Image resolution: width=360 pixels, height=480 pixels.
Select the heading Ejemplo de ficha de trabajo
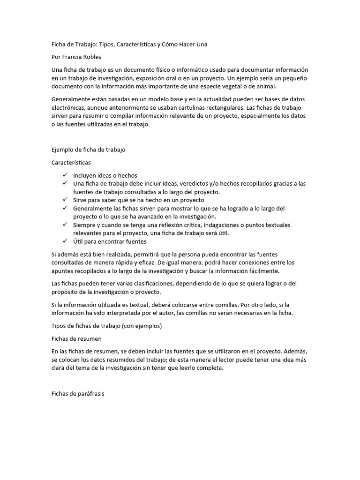pos(88,150)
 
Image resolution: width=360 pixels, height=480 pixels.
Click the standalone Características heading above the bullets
pos(71,163)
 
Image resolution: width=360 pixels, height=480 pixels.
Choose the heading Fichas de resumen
pos(76,338)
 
